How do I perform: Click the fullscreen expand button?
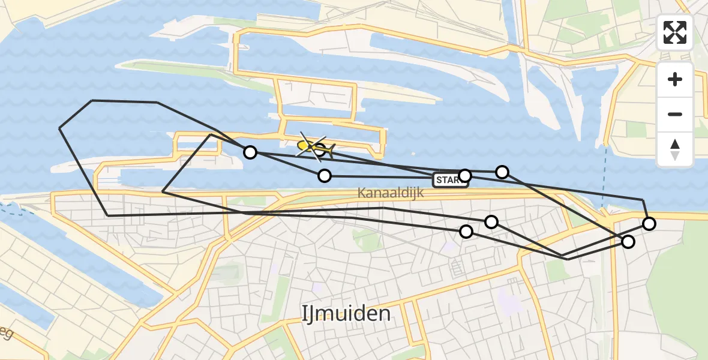[x=675, y=32]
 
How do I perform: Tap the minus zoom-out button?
[x=675, y=114]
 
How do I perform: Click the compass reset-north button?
[x=675, y=149]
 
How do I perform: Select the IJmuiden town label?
[x=346, y=313]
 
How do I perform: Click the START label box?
[x=449, y=180]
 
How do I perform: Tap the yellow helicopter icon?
[x=313, y=146]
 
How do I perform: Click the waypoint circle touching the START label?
[x=465, y=176]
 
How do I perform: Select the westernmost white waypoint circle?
[x=250, y=152]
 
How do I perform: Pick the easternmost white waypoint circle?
[x=649, y=224]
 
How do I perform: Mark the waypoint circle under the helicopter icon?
[x=320, y=150]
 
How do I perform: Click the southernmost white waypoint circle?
[x=628, y=242]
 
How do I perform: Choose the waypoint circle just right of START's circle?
[x=502, y=172]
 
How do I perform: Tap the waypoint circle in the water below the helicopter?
[x=325, y=176]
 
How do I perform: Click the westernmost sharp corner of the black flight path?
[x=59, y=128]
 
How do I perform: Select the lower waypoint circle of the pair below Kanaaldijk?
[x=466, y=231]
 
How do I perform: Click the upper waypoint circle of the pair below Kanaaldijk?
[x=491, y=222]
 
